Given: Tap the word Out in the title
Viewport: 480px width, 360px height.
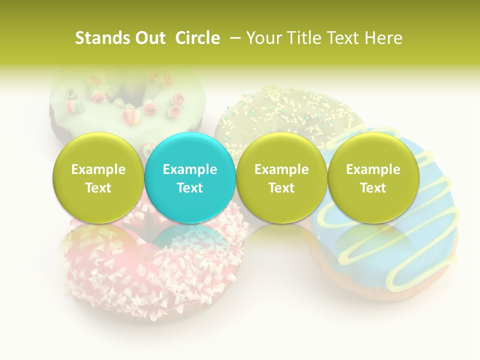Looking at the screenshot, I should [149, 38].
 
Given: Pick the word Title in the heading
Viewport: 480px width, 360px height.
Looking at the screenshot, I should [306, 38].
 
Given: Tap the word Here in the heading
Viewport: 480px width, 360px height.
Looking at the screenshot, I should [383, 38].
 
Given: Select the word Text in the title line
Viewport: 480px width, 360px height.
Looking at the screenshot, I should [345, 38].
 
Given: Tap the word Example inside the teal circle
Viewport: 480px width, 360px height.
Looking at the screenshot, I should [190, 169].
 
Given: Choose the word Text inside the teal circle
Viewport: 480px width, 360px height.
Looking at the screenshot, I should [190, 188].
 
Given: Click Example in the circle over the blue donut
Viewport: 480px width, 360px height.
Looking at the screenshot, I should [373, 169].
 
